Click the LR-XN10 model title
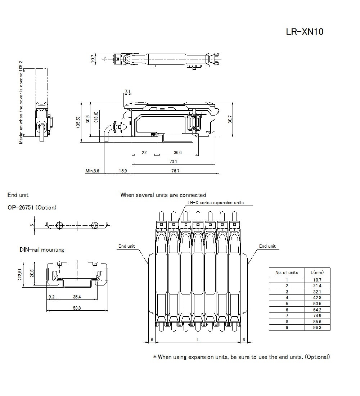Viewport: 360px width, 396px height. (x=305, y=32)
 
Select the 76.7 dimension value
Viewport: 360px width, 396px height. (x=175, y=171)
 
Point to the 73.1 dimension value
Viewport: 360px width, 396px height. (x=173, y=162)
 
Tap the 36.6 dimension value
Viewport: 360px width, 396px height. (x=177, y=153)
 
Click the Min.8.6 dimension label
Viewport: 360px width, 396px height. (x=92, y=171)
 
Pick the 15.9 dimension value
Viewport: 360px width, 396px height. (x=122, y=171)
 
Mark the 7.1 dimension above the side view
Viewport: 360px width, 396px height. (x=127, y=91)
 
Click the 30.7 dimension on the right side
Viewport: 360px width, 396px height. (x=230, y=119)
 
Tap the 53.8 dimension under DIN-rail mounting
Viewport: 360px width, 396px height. (x=77, y=308)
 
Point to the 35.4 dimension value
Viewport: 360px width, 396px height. (x=77, y=297)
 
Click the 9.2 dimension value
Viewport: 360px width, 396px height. (x=51, y=297)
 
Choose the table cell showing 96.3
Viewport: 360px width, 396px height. (x=317, y=328)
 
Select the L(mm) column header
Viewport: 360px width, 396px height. (x=317, y=273)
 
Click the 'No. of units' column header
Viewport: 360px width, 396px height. (x=287, y=273)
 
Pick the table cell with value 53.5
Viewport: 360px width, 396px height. (x=317, y=303)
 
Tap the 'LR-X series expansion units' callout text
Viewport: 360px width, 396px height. (x=216, y=203)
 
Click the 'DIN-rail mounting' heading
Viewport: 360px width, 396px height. (x=42, y=250)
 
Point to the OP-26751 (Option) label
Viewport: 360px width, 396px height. (x=32, y=208)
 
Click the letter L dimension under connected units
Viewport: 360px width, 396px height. (x=198, y=339)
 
